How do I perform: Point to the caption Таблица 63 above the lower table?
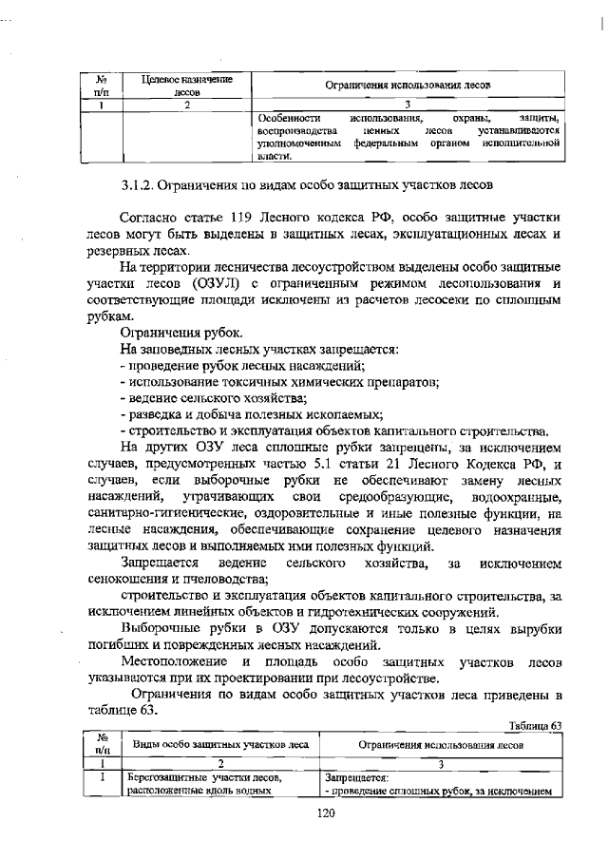[x=536, y=725]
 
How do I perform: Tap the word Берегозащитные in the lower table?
[x=161, y=777]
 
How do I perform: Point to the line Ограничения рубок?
[x=181, y=333]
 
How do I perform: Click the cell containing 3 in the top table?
[x=406, y=104]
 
